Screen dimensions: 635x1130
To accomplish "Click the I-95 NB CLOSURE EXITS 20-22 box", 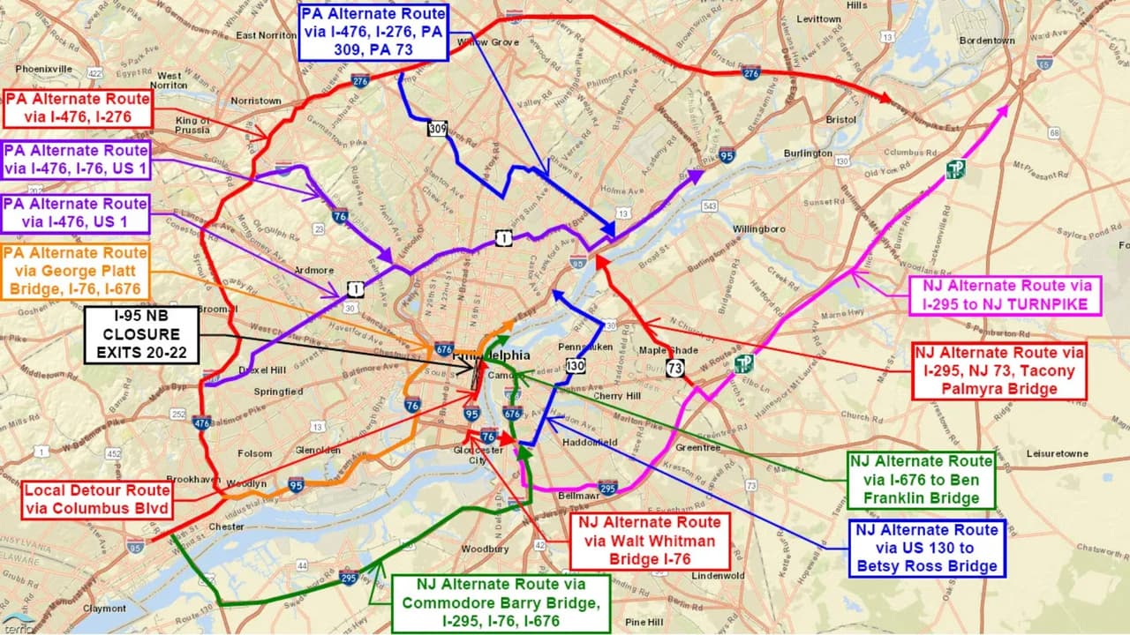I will [x=140, y=335].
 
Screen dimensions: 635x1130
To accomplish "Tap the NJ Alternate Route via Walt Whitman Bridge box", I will [x=650, y=541].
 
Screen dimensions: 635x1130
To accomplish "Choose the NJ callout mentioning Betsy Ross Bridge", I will [x=926, y=548].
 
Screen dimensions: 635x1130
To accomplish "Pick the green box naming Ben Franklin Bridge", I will [x=921, y=479].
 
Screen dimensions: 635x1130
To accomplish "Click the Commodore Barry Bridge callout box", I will [x=501, y=603].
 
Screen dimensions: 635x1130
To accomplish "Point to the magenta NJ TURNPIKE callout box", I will [x=1006, y=295].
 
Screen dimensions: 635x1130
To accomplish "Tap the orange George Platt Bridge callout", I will [x=75, y=272].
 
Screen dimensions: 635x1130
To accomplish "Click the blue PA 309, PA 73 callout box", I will [x=373, y=32].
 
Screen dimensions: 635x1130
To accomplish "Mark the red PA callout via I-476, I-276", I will [x=78, y=109].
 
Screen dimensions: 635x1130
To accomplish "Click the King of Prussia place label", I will [x=193, y=125].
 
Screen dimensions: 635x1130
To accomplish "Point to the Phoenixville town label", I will [x=43, y=68].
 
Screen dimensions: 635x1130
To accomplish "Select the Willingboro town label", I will [x=758, y=228].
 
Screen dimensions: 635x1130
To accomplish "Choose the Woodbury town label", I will [x=485, y=549].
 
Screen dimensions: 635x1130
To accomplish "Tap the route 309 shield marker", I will [x=437, y=130].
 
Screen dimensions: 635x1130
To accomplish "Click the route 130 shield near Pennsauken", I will [x=575, y=365].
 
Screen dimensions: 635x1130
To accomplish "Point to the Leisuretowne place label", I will [x=1058, y=453].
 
